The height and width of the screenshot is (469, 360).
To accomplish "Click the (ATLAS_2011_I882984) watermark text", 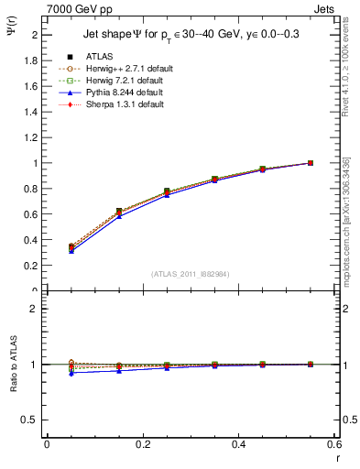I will point(190,273).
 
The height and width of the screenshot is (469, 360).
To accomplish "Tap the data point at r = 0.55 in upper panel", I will point(311,163).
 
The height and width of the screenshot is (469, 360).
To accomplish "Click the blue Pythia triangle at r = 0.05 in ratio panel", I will point(71,372).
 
